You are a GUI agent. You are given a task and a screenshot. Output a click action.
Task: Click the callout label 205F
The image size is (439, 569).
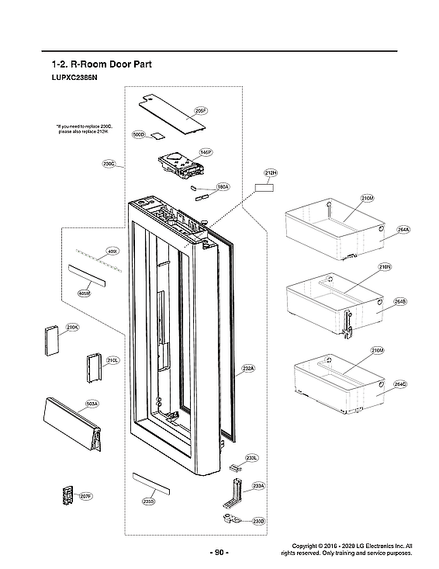[200, 112]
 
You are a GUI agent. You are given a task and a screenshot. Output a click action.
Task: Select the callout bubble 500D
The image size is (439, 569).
[140, 135]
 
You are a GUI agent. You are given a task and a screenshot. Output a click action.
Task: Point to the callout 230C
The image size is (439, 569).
[109, 164]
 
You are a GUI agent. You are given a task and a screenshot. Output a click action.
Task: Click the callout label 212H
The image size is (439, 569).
[271, 172]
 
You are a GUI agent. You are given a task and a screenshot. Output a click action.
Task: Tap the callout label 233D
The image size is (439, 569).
[259, 521]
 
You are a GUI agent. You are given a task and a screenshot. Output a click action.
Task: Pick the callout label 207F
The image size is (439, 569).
[86, 495]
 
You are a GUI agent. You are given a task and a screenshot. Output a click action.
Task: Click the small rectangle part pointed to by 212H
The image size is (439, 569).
[265, 187]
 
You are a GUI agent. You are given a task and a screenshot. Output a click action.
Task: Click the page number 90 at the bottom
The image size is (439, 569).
[219, 553]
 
